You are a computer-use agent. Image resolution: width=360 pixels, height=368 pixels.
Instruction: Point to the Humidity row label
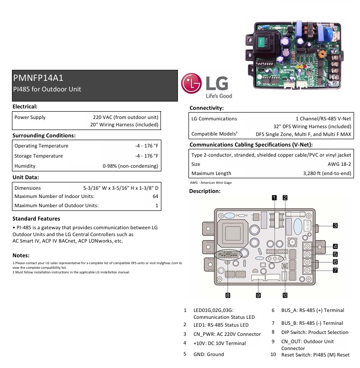[x=25, y=166]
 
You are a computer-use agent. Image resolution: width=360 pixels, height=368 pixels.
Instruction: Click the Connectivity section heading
[x=206, y=108]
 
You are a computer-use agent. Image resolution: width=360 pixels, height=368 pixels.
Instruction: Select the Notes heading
[x=21, y=255]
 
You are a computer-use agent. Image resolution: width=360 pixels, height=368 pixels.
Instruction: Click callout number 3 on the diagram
[x=335, y=226]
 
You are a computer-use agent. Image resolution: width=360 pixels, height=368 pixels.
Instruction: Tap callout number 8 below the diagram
[x=228, y=294]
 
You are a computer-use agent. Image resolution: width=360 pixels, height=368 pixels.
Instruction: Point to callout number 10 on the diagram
[x=285, y=294]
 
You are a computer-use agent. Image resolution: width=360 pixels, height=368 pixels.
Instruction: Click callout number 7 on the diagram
[x=335, y=270]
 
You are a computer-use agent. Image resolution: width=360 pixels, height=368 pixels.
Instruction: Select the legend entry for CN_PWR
[x=227, y=334]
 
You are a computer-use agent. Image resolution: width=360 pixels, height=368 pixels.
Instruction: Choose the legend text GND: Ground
[x=209, y=354]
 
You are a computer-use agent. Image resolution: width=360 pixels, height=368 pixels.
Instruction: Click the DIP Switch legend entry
[x=315, y=332]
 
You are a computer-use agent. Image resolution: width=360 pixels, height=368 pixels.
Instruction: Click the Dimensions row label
[x=28, y=188]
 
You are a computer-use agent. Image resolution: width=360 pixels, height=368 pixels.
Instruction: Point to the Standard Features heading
[x=36, y=219]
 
